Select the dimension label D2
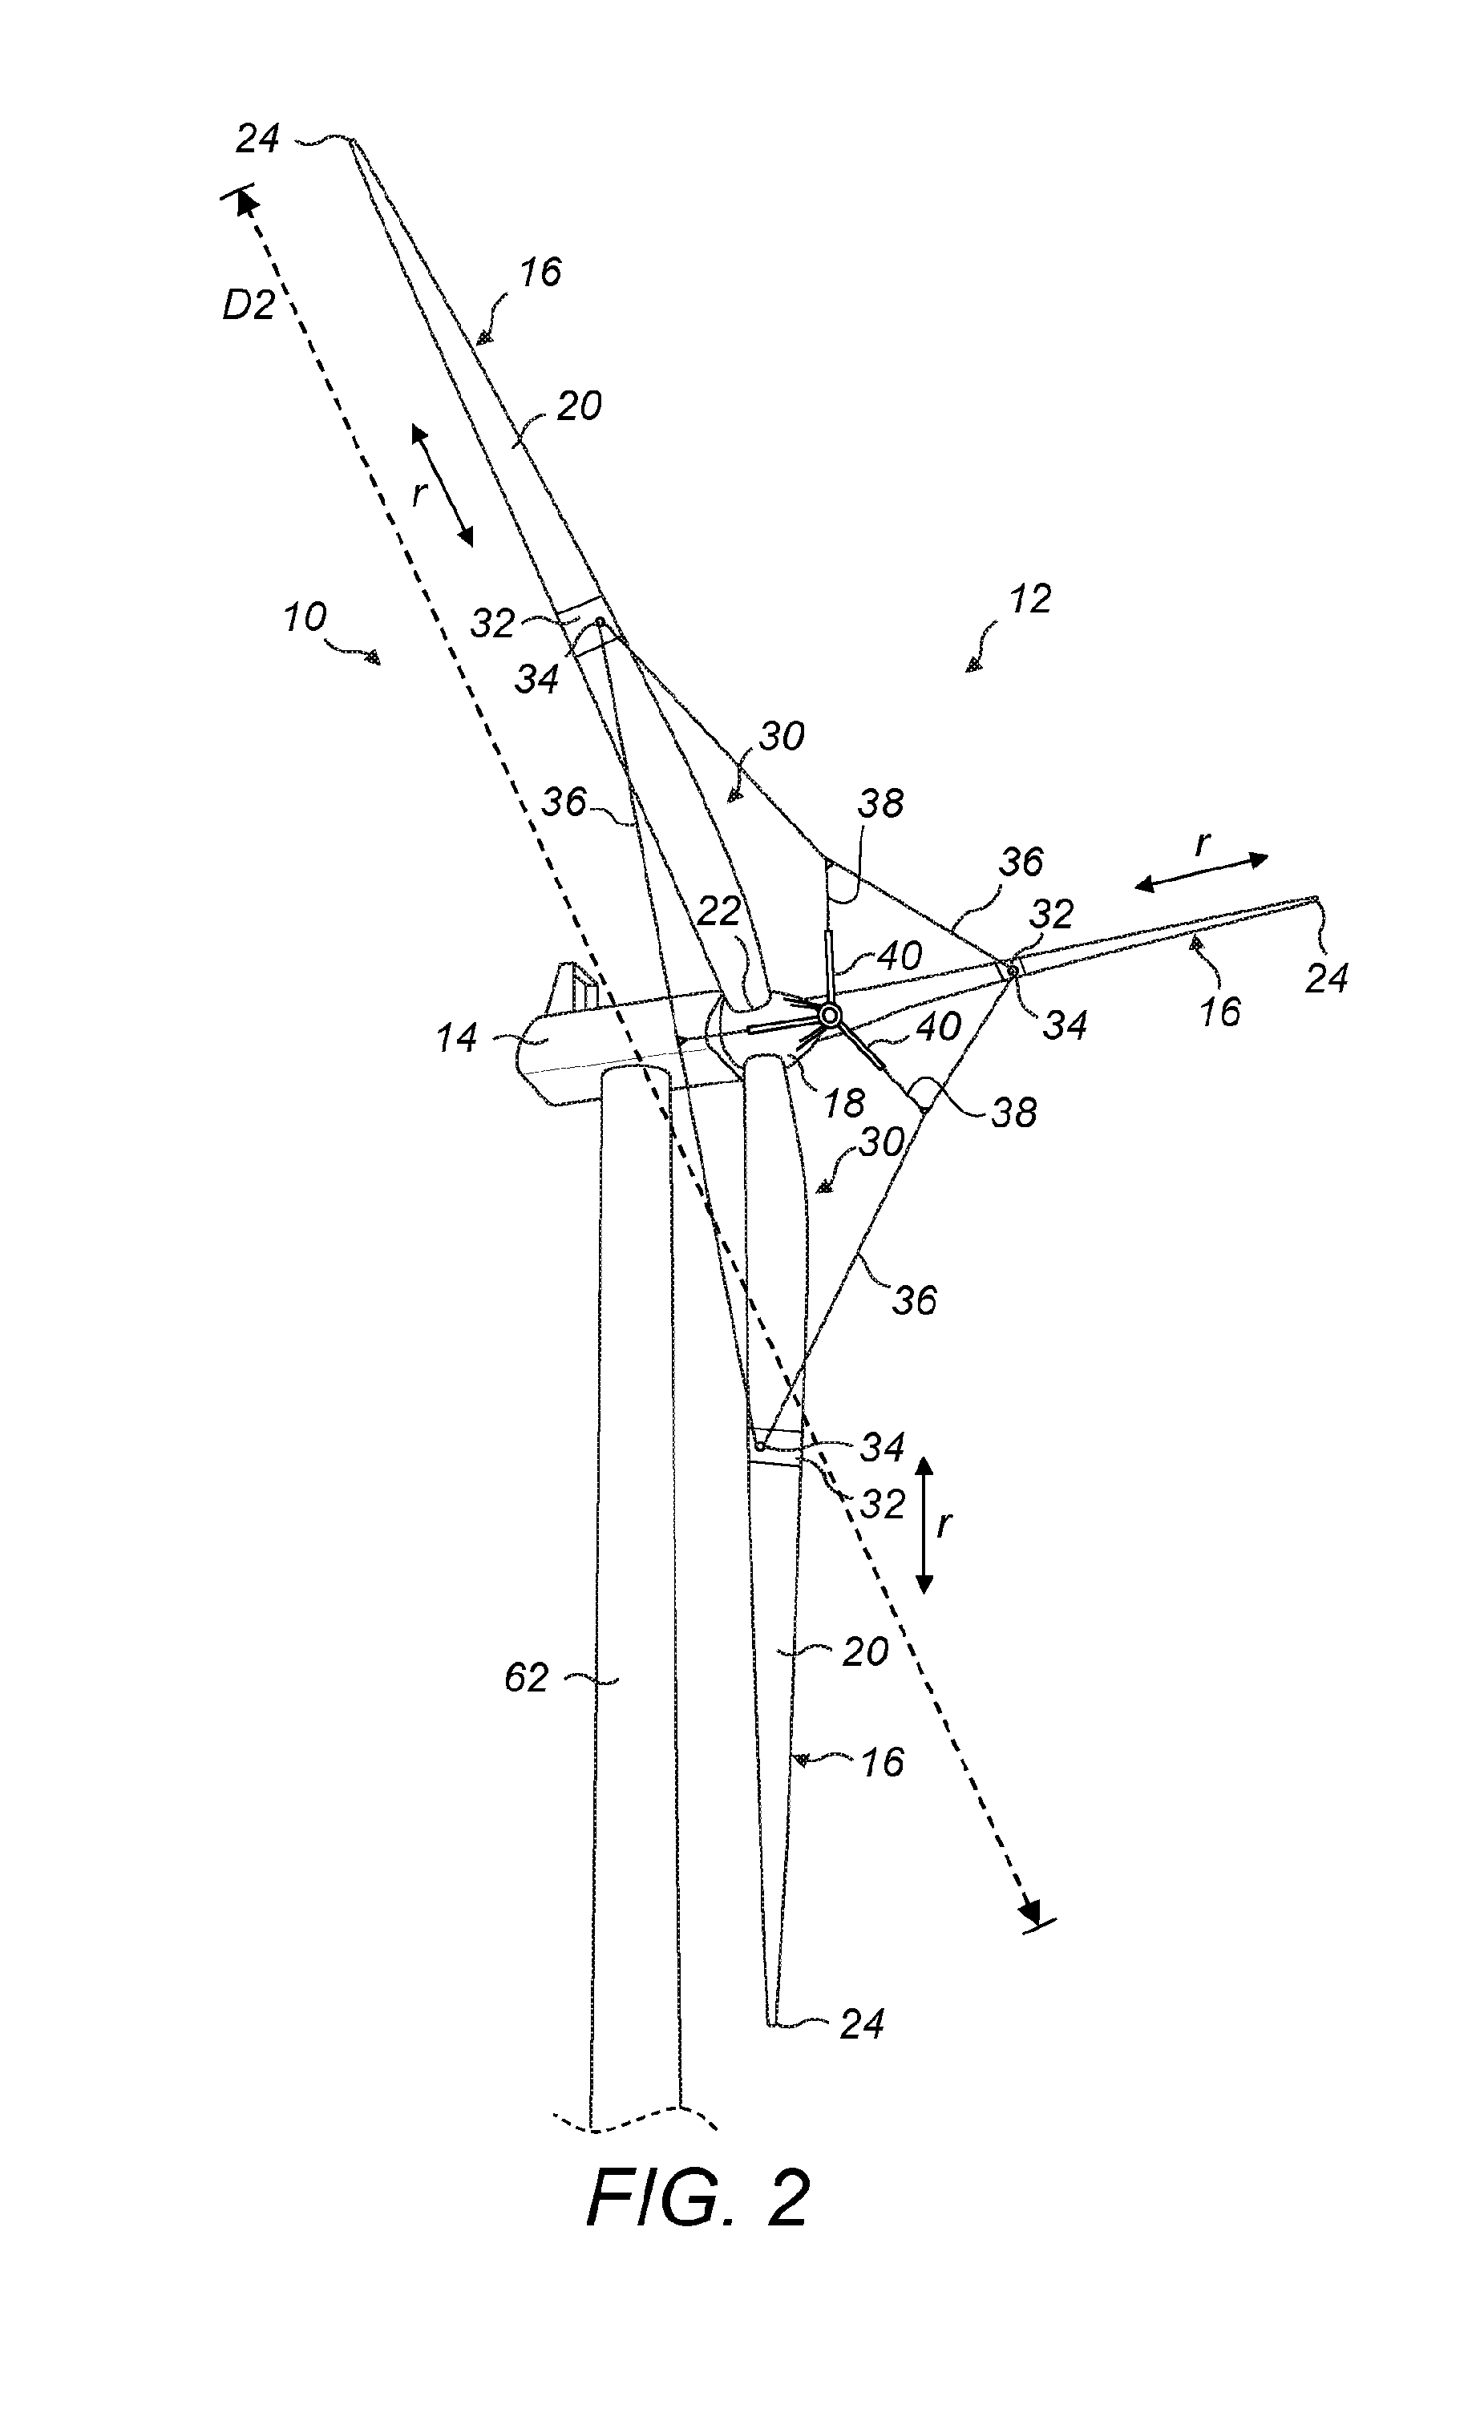coord(248,306)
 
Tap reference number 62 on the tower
coord(526,1679)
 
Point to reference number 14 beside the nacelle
coord(456,1038)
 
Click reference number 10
coord(305,618)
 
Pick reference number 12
coord(1029,598)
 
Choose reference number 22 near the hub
coord(719,913)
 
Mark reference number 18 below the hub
coord(843,1104)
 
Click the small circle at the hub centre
coord(830,1015)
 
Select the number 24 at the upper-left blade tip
coord(257,139)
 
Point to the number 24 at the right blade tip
coord(1327,978)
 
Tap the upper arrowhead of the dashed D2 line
coord(244,203)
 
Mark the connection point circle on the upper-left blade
coord(600,622)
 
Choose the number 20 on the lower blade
coord(865,1652)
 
